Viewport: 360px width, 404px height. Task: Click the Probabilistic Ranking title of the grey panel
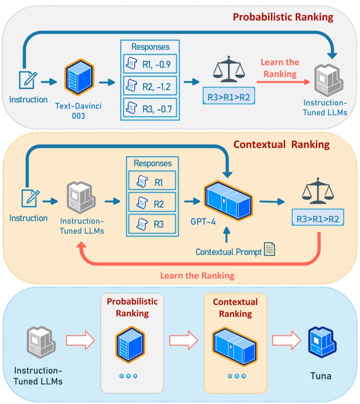pos(283,17)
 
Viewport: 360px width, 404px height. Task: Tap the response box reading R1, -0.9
pos(150,64)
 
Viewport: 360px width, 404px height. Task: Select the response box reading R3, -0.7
pos(150,108)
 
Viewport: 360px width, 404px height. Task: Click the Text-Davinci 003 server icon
pos(79,77)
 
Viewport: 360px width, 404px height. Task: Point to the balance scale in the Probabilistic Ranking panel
pos(229,69)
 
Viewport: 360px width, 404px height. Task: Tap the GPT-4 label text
pos(203,222)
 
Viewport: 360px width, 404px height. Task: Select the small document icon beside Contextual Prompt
pos(270,249)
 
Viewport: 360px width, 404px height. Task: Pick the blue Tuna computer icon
pos(322,342)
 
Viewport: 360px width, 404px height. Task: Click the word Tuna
pos(321,376)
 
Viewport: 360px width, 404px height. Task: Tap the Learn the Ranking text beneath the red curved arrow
pos(197,276)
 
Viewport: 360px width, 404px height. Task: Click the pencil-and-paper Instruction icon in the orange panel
pos(30,198)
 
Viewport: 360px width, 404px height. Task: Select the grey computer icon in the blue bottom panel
pos(41,342)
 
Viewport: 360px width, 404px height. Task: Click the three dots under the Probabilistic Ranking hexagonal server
pos(129,376)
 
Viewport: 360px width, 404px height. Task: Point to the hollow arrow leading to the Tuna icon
pos(287,340)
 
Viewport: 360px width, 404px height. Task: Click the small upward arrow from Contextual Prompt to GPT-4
pos(226,235)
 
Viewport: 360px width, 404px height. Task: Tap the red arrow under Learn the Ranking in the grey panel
pos(283,82)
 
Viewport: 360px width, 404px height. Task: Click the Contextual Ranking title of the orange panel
pos(281,145)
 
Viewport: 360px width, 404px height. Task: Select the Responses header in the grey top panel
pos(150,47)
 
